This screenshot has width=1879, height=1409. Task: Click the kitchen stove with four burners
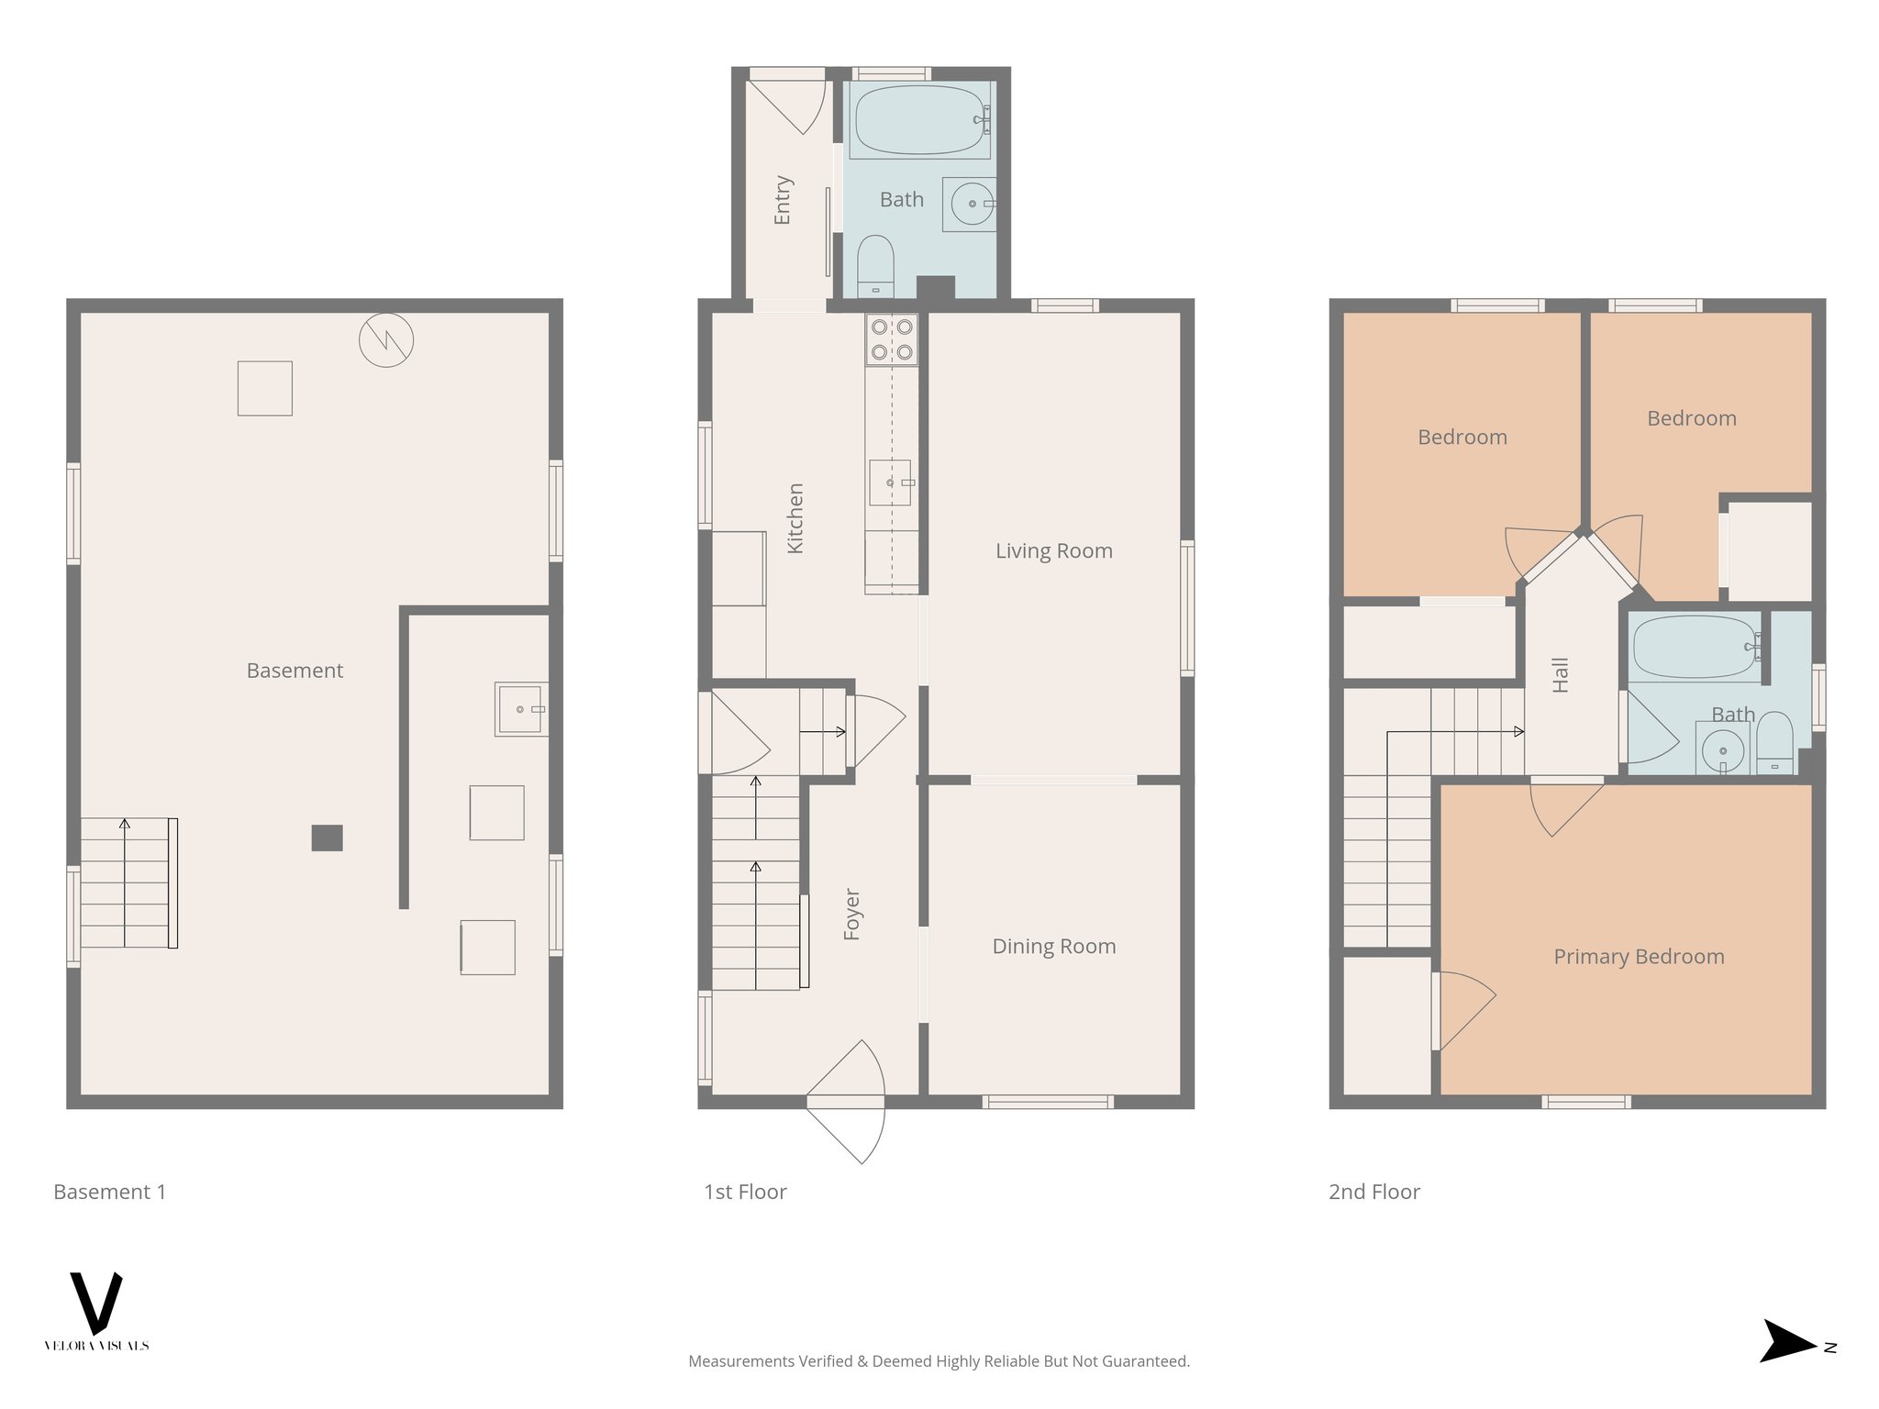[892, 339]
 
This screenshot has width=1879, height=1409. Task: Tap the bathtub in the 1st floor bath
[918, 120]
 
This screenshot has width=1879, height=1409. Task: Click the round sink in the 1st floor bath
[971, 204]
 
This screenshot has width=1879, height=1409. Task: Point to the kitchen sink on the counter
[890, 483]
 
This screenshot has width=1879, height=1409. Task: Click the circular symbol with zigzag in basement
[385, 340]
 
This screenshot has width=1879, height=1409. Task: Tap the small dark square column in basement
[327, 838]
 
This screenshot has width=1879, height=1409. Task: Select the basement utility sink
[519, 709]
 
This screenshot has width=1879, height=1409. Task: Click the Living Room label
[1053, 551]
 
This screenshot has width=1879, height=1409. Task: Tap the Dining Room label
[1053, 947]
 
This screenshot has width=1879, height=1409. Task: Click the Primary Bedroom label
[1639, 957]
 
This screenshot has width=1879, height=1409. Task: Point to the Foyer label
[851, 914]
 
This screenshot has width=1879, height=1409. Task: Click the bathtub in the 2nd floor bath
[1695, 647]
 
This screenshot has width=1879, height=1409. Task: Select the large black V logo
[95, 1302]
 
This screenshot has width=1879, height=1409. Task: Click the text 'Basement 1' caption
[110, 1192]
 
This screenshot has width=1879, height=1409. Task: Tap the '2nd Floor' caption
[1373, 1192]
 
